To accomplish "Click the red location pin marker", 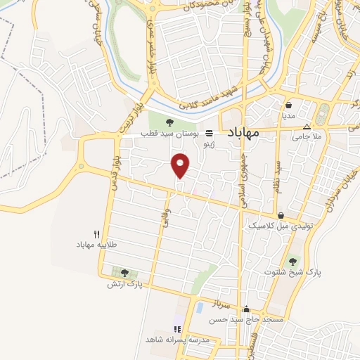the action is [181, 165].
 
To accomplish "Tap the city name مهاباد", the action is [244, 131].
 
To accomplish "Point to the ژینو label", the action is [209, 143].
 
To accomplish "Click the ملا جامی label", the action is [307, 136].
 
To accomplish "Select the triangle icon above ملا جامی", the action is [306, 127].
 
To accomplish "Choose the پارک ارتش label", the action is [124, 283].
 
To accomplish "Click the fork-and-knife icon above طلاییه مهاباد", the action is [97, 234].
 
